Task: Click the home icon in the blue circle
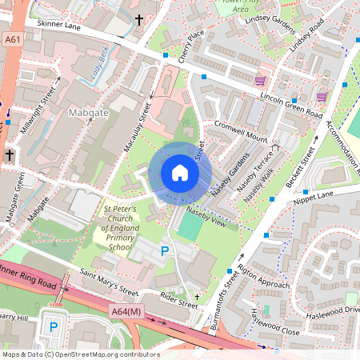pyautogui.click(x=180, y=172)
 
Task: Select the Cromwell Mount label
pyautogui.click(x=241, y=132)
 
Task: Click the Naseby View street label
pyautogui.click(x=207, y=214)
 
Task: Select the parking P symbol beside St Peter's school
pyautogui.click(x=165, y=252)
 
